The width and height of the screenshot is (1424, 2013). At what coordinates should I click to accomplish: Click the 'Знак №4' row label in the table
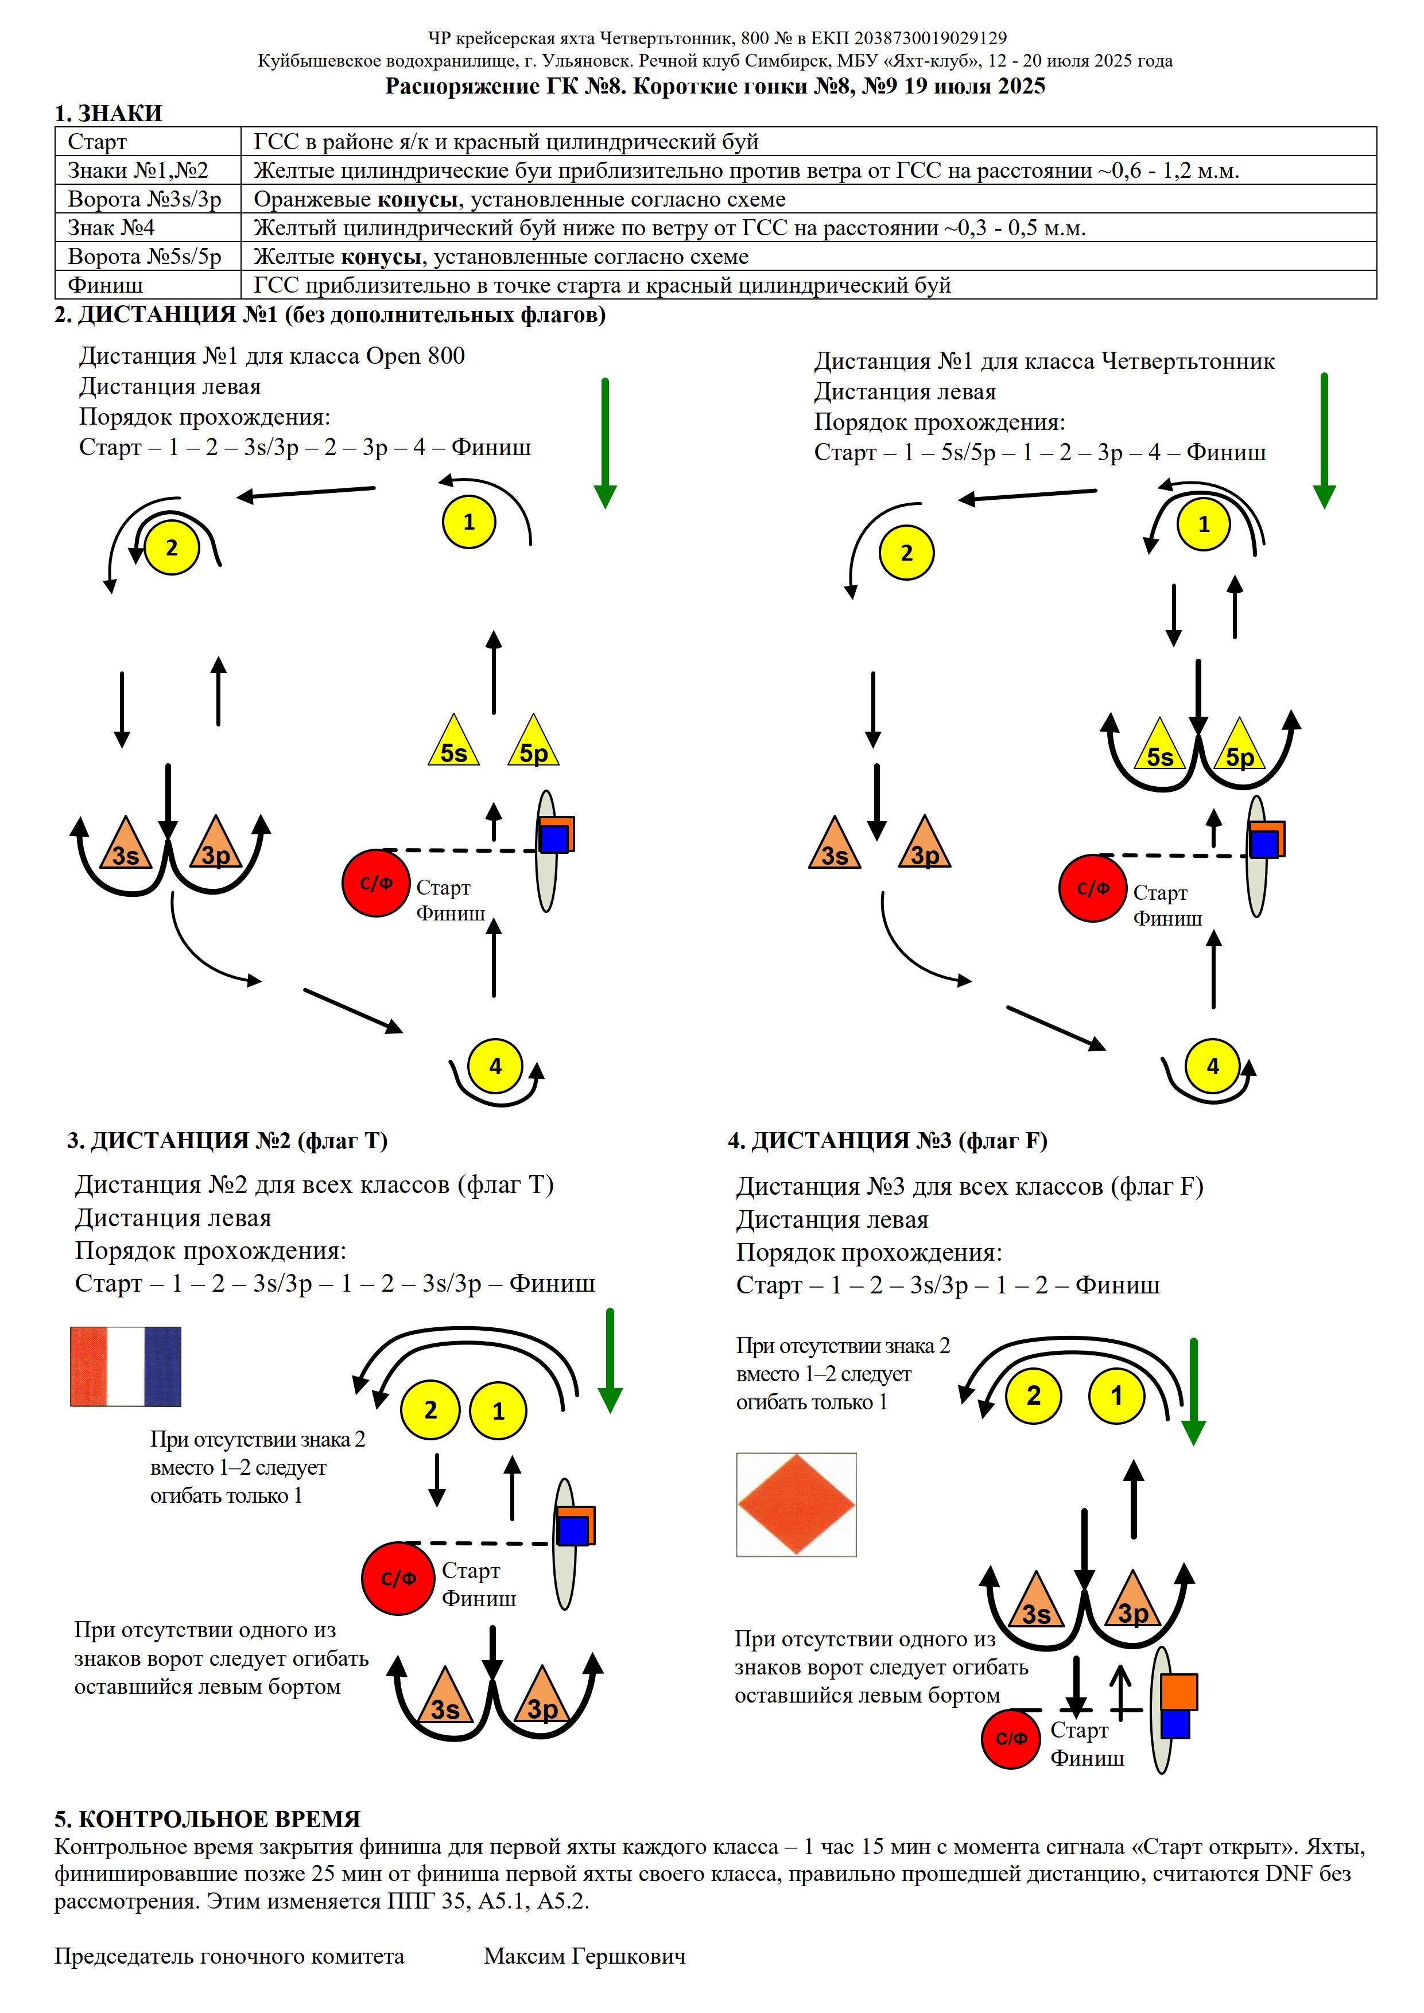coord(111,228)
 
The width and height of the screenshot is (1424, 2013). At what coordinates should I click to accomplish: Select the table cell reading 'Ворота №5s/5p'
coord(145,257)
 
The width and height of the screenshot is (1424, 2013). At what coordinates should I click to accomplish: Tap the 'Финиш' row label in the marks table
coord(105,285)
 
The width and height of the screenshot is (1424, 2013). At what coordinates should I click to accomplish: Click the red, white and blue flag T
coord(125,1367)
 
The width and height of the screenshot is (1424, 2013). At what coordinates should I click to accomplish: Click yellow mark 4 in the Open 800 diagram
coord(495,1066)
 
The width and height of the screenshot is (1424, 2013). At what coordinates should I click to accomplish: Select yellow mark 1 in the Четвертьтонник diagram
coord(1204,524)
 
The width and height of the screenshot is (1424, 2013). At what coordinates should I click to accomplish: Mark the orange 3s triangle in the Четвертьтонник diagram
coord(835,844)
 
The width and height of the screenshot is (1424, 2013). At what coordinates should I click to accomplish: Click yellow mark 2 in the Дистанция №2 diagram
coord(430,1410)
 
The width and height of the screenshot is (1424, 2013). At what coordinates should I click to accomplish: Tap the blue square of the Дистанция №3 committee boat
coord(1176,1723)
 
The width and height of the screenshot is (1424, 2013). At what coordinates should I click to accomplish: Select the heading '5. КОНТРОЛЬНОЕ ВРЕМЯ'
coord(208,1819)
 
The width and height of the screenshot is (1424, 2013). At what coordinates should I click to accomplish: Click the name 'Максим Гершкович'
coord(585,1956)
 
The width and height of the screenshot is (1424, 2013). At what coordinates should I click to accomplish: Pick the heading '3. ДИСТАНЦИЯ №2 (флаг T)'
coord(228,1141)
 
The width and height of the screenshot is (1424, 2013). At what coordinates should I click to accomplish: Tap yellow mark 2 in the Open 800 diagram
coord(172,548)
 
